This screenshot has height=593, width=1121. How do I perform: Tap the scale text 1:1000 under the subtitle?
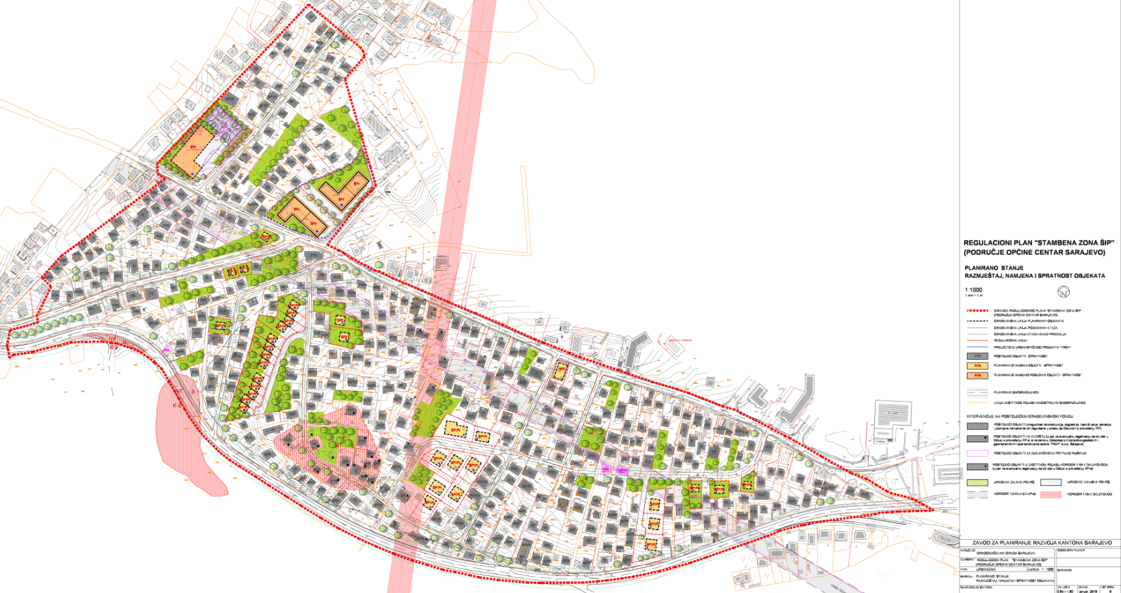(x=974, y=290)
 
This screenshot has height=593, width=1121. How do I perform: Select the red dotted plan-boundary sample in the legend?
(x=977, y=310)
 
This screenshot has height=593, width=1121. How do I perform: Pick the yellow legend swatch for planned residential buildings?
(x=977, y=366)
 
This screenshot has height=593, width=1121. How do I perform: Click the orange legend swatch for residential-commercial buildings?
(x=977, y=375)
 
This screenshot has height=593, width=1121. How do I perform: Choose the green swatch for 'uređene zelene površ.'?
(x=977, y=483)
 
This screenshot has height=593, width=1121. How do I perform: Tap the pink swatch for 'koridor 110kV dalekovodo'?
(x=1050, y=494)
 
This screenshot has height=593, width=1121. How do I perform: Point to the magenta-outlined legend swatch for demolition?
(x=977, y=453)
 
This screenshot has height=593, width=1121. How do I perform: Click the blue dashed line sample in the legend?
(x=977, y=347)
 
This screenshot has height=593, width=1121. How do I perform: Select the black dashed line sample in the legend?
(x=977, y=321)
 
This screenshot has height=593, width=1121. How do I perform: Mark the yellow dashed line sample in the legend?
(x=977, y=403)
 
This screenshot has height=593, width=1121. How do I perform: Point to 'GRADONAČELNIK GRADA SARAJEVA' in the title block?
(x=1004, y=552)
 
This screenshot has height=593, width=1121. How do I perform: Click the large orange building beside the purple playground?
(x=193, y=151)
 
